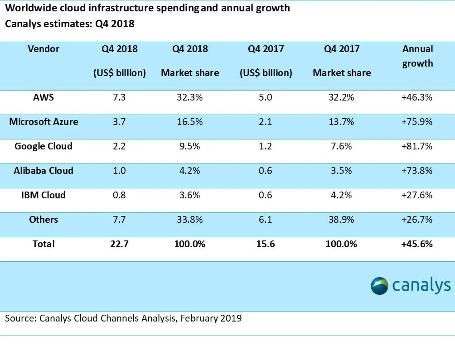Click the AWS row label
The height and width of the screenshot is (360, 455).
coord(44,97)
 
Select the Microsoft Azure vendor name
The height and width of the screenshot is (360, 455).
coord(44,122)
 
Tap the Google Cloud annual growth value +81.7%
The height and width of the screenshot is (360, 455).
coord(417,146)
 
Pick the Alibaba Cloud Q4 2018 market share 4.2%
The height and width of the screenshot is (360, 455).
coord(190,171)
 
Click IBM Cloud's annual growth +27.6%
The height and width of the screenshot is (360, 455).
coord(417,195)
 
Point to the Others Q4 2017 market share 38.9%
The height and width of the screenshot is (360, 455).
coord(341,220)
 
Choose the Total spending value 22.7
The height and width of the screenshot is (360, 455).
coord(120,244)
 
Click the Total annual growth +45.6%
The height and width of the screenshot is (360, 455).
coord(417,244)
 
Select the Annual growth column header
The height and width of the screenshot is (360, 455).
coord(417,56)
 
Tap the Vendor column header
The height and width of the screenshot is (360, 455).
coord(44,48)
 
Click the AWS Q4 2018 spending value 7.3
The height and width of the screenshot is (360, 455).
coord(120,97)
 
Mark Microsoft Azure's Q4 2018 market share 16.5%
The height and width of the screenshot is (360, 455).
coord(190,122)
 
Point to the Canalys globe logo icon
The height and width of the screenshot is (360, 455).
coord(379,286)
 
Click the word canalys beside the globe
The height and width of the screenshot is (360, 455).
coord(421,286)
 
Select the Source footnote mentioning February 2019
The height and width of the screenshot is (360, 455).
coord(123,318)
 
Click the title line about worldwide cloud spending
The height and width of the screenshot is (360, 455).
coord(147,8)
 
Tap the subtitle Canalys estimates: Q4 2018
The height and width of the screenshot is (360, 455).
coord(69,24)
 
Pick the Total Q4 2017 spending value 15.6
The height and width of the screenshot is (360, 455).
coord(266,244)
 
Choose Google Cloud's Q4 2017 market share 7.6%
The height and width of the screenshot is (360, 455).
coord(341,146)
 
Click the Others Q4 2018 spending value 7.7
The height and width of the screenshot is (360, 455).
coord(120,220)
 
